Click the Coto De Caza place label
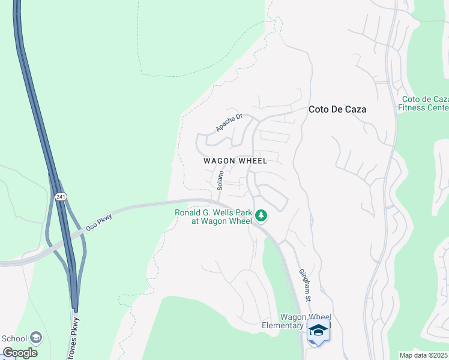click(337, 110)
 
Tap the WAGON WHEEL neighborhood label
click(235, 161)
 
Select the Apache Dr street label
click(229, 122)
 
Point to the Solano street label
click(220, 180)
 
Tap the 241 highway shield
click(61, 197)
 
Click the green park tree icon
click(261, 215)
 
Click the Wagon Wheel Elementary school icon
click(318, 331)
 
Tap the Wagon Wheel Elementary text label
click(306, 321)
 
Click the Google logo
click(20, 352)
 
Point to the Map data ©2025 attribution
click(424, 355)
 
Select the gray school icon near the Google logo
click(35, 338)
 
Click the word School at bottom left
click(14, 338)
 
